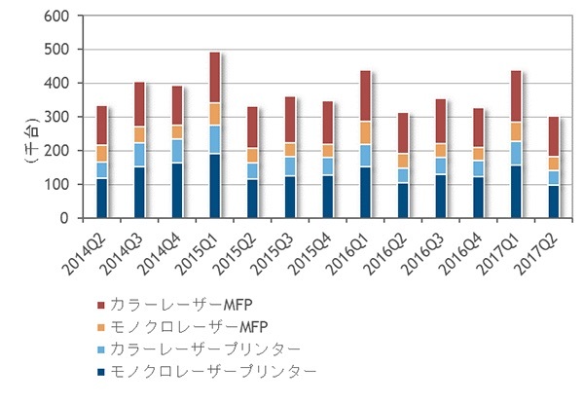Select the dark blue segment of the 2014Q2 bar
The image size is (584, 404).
pos(102,199)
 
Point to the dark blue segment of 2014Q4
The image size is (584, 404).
pos(177,191)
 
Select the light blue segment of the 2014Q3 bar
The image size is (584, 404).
pos(139,155)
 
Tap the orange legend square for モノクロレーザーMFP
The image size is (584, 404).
pos(101,328)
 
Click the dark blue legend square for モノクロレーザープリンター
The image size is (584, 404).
pos(101,371)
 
